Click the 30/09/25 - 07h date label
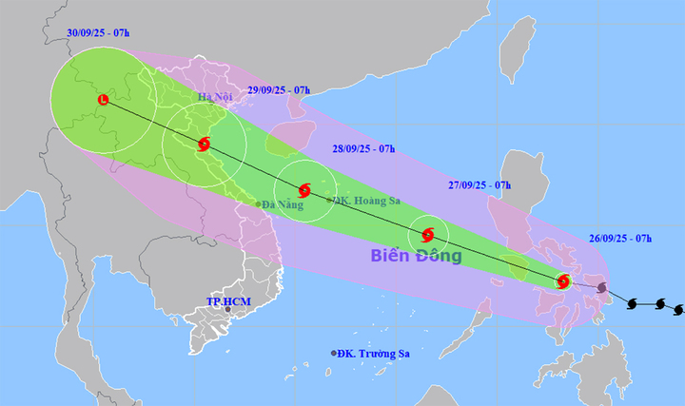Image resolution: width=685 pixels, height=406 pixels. point(98,32)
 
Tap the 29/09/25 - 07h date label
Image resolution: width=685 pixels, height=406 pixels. point(278,89)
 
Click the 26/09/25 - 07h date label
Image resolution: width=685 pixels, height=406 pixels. point(621,237)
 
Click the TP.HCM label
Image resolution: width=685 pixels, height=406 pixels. point(228,301)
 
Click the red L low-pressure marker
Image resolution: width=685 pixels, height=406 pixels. point(104,99)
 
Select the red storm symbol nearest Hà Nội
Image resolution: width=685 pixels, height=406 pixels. point(204,145)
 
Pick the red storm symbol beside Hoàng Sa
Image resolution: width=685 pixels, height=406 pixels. point(304,190)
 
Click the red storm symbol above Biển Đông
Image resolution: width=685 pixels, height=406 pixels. point(428,234)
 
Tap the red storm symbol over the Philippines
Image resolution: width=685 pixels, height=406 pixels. point(563,281)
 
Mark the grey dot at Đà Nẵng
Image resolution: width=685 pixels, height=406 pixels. point(258,203)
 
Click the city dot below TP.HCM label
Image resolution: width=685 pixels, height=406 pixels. point(227,310)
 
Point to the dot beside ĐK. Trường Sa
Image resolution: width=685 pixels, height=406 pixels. point(334,353)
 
